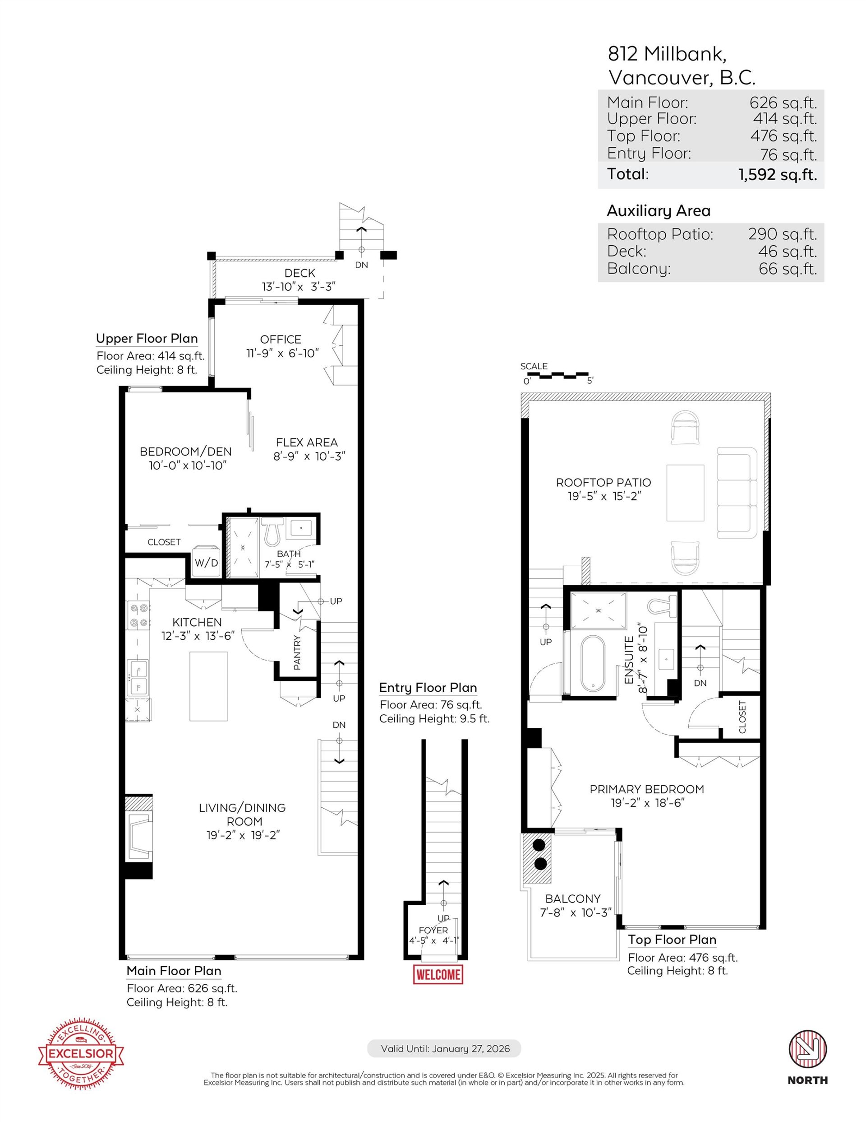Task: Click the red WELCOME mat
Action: tap(438, 974)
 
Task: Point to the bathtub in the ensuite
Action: tap(594, 664)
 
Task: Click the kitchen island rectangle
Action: tap(208, 686)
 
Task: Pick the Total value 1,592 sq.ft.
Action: tap(777, 175)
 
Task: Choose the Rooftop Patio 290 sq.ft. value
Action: tap(782, 234)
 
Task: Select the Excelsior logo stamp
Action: tap(81, 1054)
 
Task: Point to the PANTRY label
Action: tap(297, 652)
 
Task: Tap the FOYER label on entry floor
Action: tap(433, 931)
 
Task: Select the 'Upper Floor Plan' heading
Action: tap(147, 339)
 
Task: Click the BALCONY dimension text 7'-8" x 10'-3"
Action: tap(576, 912)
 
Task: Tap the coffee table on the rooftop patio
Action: tap(685, 493)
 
